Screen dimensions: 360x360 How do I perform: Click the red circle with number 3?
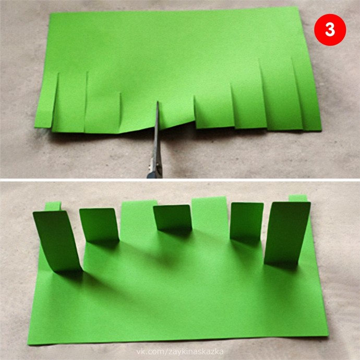point(330,30)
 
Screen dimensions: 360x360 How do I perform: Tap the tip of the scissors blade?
point(158,101)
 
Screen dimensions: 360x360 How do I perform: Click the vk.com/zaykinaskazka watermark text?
point(180,352)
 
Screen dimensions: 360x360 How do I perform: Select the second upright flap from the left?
point(99,224)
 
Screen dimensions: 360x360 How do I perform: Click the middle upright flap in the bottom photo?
point(173,218)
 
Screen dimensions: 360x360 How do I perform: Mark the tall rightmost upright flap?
point(287,234)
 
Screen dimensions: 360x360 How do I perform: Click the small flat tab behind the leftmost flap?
point(53,206)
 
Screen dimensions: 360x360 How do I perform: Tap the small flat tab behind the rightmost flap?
point(298,198)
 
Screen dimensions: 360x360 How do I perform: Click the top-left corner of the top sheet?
point(51,14)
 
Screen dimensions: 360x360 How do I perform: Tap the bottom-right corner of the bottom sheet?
point(329,335)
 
